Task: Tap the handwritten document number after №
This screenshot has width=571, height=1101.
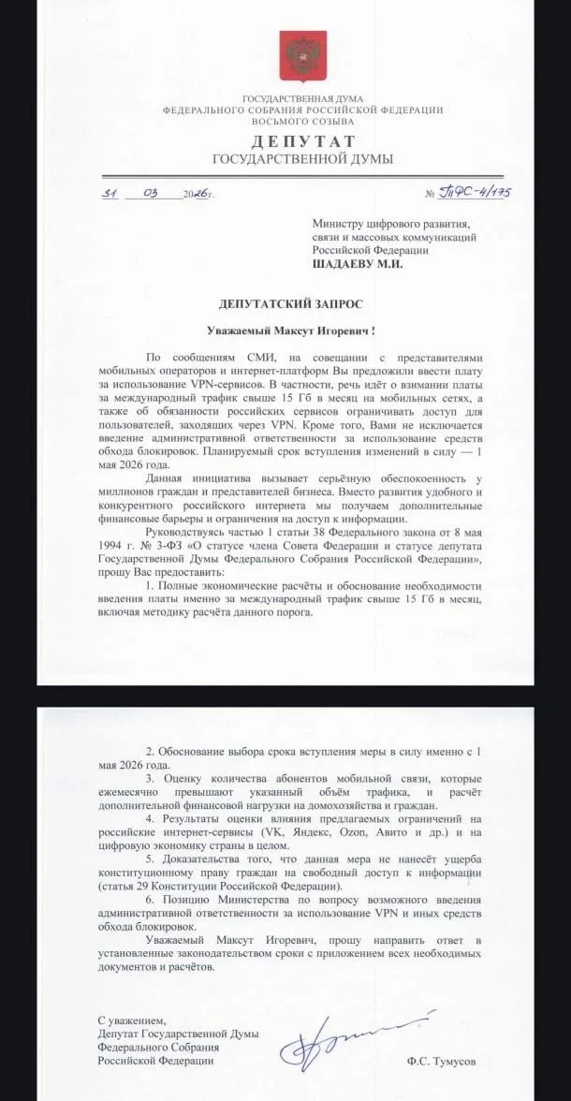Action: [x=479, y=193]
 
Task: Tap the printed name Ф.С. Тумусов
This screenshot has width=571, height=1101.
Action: [x=441, y=1061]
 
